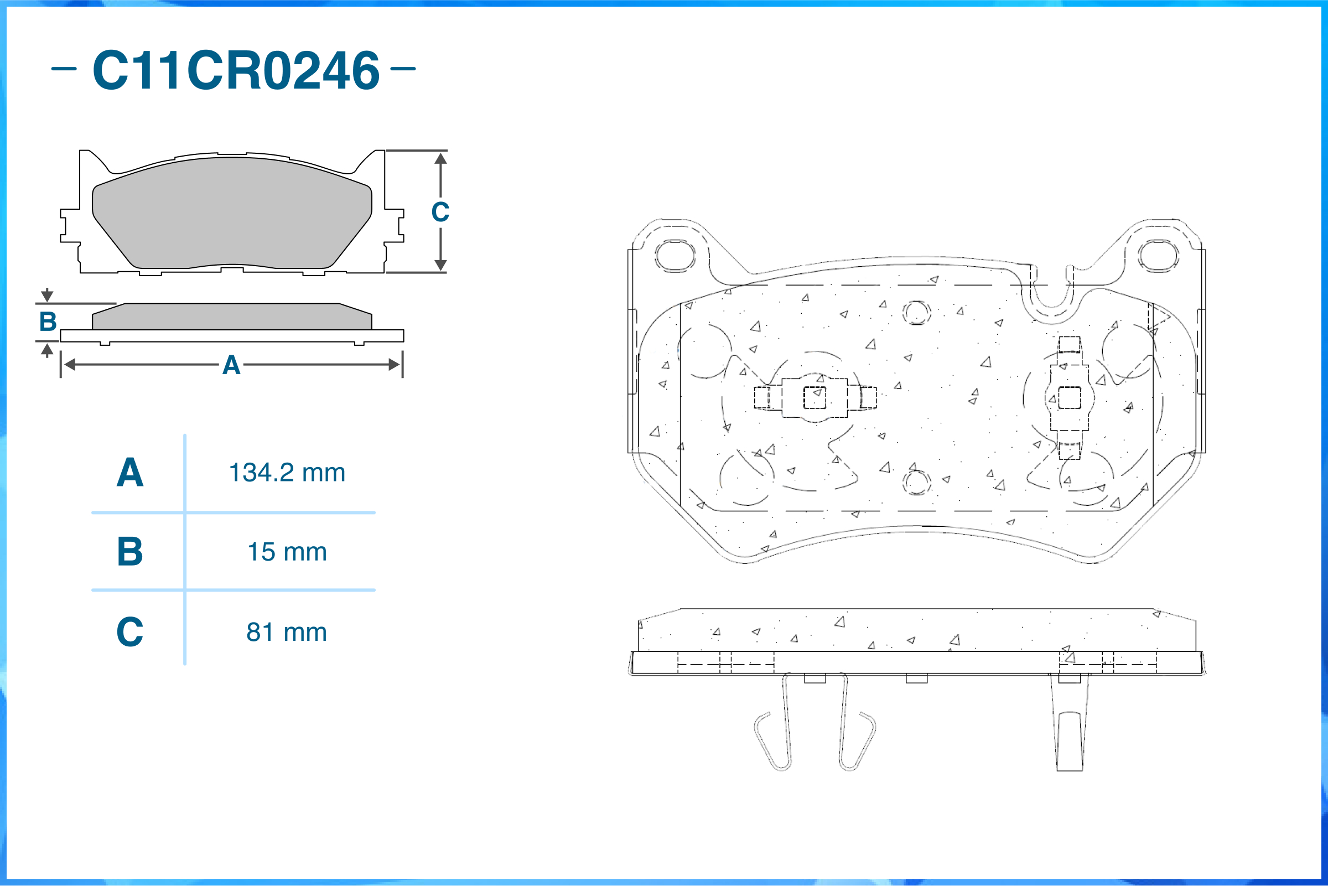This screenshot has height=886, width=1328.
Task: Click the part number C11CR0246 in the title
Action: tap(236, 70)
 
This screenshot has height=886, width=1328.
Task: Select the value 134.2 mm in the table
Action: tap(287, 473)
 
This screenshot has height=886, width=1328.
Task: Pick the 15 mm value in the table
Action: tap(287, 552)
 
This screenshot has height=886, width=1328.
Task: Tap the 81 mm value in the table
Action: tap(287, 632)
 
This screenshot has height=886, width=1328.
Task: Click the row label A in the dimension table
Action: tap(130, 473)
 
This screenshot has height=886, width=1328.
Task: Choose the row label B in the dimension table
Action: tap(130, 552)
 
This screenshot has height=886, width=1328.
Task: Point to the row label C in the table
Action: tap(130, 632)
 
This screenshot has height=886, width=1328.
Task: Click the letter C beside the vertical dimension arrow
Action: tap(440, 212)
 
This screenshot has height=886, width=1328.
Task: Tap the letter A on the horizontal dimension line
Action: tap(231, 365)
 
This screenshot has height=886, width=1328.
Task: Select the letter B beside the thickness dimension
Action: tap(48, 322)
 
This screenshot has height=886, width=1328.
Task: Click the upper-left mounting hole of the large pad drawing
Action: tap(675, 256)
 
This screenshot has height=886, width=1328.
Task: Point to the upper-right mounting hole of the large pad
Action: tap(1159, 256)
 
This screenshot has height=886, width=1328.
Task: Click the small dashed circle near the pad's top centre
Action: tap(916, 313)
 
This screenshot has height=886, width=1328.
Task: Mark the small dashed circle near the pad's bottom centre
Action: tap(916, 482)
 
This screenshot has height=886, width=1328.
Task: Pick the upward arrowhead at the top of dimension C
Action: tap(440, 158)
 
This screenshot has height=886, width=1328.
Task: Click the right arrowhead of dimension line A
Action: tap(395, 365)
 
